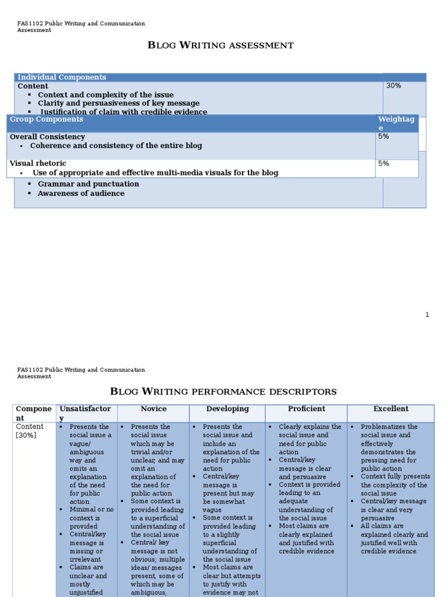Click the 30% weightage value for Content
click(x=394, y=86)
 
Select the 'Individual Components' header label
click(x=62, y=77)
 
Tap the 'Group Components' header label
click(x=47, y=119)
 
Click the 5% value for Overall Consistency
click(x=384, y=136)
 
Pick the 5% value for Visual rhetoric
click(x=384, y=164)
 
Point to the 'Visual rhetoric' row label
click(x=38, y=163)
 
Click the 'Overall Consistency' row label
click(x=47, y=136)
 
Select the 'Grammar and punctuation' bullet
click(x=88, y=184)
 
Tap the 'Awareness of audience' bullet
click(x=81, y=193)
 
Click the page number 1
click(x=427, y=315)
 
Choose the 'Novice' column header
click(x=154, y=409)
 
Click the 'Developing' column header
click(x=228, y=409)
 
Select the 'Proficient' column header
click(x=306, y=409)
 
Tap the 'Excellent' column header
click(x=391, y=409)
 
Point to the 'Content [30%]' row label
click(x=29, y=431)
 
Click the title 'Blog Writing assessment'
click(x=221, y=45)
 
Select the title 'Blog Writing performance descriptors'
click(x=223, y=391)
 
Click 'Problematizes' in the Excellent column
click(x=389, y=427)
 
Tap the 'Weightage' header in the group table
click(x=396, y=123)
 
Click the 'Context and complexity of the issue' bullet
click(x=105, y=94)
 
